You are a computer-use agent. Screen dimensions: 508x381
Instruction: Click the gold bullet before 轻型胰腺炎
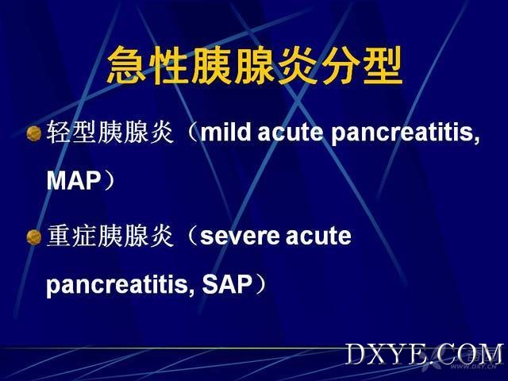pos(33,134)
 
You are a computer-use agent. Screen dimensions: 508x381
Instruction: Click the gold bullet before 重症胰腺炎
pos(33,237)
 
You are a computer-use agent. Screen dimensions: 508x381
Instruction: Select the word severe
pos(240,237)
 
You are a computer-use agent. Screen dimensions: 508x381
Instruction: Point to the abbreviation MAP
pos(74,181)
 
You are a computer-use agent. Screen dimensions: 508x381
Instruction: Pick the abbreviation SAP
pos(227,284)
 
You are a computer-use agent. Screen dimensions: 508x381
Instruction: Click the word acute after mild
pos(291,133)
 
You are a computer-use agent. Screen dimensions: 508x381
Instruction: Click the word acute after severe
pos(318,237)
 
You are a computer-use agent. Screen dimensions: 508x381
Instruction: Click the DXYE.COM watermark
pos(425,354)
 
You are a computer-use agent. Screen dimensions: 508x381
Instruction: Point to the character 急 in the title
pos(126,65)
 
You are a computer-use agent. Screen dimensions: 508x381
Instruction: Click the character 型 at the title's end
pos(383,65)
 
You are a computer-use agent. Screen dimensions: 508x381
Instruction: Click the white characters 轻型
pos(71,133)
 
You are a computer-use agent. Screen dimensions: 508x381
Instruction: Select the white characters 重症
pos(71,236)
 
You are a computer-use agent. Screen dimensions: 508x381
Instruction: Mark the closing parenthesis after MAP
pos(110,181)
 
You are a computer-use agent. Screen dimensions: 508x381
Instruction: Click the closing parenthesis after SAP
pos(261,284)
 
